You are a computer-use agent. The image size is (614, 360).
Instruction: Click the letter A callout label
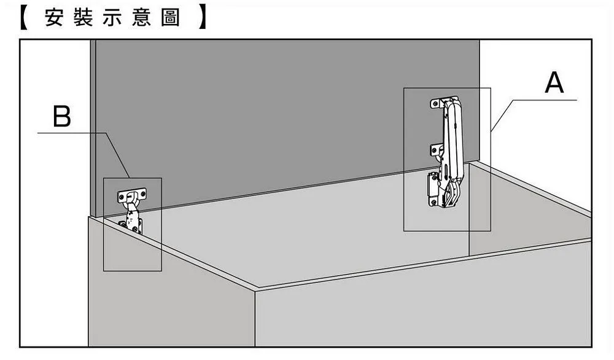click(x=554, y=83)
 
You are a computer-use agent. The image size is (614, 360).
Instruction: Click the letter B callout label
click(x=62, y=116)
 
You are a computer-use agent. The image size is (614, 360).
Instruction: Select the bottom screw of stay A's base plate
click(x=435, y=201)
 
